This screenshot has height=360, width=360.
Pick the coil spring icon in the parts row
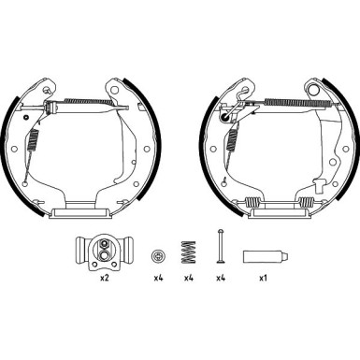coord(189,253)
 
